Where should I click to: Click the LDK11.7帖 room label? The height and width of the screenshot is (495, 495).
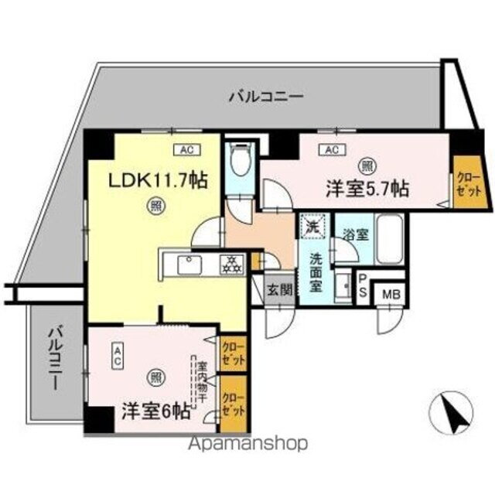coord(157,183)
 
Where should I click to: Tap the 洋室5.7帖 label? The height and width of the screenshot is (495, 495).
coord(367,188)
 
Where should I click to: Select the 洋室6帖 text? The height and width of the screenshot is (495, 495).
coord(155,410)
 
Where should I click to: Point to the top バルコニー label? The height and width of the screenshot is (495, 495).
coord(265,97)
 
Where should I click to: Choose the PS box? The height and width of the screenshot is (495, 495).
coord(362,285)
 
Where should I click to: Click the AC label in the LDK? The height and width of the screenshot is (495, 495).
coord(186,149)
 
